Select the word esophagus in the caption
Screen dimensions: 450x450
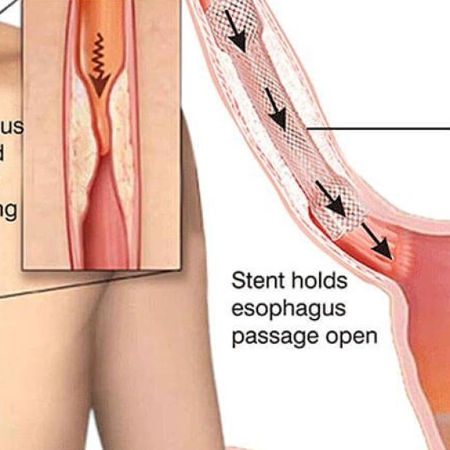pos(288,309)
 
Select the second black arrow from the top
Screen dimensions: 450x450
pos(276,106)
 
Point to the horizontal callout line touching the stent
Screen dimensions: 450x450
pos(378,129)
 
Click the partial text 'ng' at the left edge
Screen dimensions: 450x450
pos(9,211)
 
